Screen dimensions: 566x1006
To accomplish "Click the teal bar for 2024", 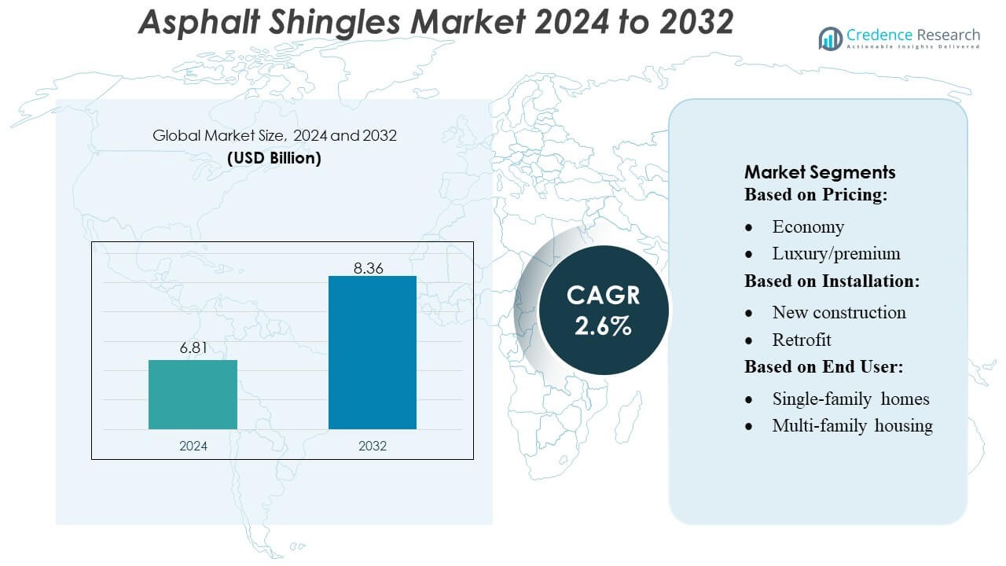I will tap(193, 395).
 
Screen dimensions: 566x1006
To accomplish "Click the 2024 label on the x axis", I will tap(193, 446).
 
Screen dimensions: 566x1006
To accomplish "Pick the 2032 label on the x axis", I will tap(372, 446).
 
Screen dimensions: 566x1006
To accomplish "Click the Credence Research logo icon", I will tap(830, 38).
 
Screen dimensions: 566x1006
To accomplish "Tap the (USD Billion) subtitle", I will tap(274, 157).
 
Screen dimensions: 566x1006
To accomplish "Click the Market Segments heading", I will tap(820, 172).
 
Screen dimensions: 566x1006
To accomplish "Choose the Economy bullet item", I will tap(808, 227).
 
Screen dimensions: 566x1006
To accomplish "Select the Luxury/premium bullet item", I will tap(836, 254).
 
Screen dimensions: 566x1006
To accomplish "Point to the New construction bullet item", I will tap(839, 313).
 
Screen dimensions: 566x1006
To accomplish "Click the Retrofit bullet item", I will tap(802, 340).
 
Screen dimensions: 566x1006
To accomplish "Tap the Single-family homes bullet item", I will tap(850, 399).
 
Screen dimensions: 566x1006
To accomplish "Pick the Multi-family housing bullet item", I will tap(852, 426).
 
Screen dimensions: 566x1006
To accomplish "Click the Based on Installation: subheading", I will tap(832, 281).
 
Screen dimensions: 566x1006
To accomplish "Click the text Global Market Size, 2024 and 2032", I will tap(274, 136).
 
